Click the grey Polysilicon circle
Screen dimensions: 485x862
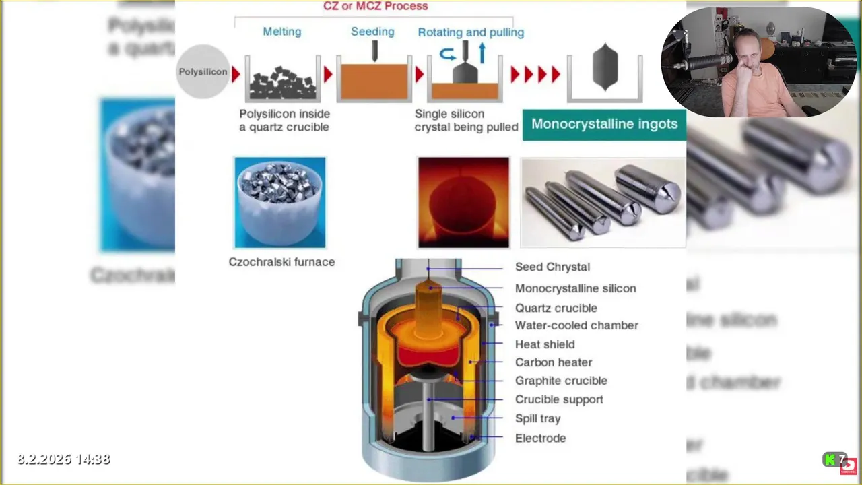coord(203,72)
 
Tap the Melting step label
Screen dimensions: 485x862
coord(281,32)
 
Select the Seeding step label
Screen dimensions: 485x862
coord(372,32)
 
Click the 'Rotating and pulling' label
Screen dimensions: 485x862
coord(471,32)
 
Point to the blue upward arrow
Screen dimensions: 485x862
coord(482,53)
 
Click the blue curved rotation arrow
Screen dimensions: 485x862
coord(448,55)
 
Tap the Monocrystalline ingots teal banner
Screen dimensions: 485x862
coord(604,124)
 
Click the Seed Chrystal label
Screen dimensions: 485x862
coord(552,267)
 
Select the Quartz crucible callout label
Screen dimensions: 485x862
coord(556,308)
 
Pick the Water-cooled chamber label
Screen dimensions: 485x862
coord(576,325)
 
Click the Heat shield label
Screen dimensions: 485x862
coord(545,344)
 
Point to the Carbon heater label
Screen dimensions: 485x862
coord(554,362)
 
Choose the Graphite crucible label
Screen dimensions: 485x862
coord(561,381)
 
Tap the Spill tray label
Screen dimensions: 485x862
coord(537,418)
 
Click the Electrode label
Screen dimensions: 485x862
coord(540,438)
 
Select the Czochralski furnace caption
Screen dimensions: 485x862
coord(281,262)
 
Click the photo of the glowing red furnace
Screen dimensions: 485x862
coord(463,202)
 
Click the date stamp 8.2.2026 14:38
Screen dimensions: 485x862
coord(63,459)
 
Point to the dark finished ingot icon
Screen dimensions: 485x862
coord(605,67)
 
